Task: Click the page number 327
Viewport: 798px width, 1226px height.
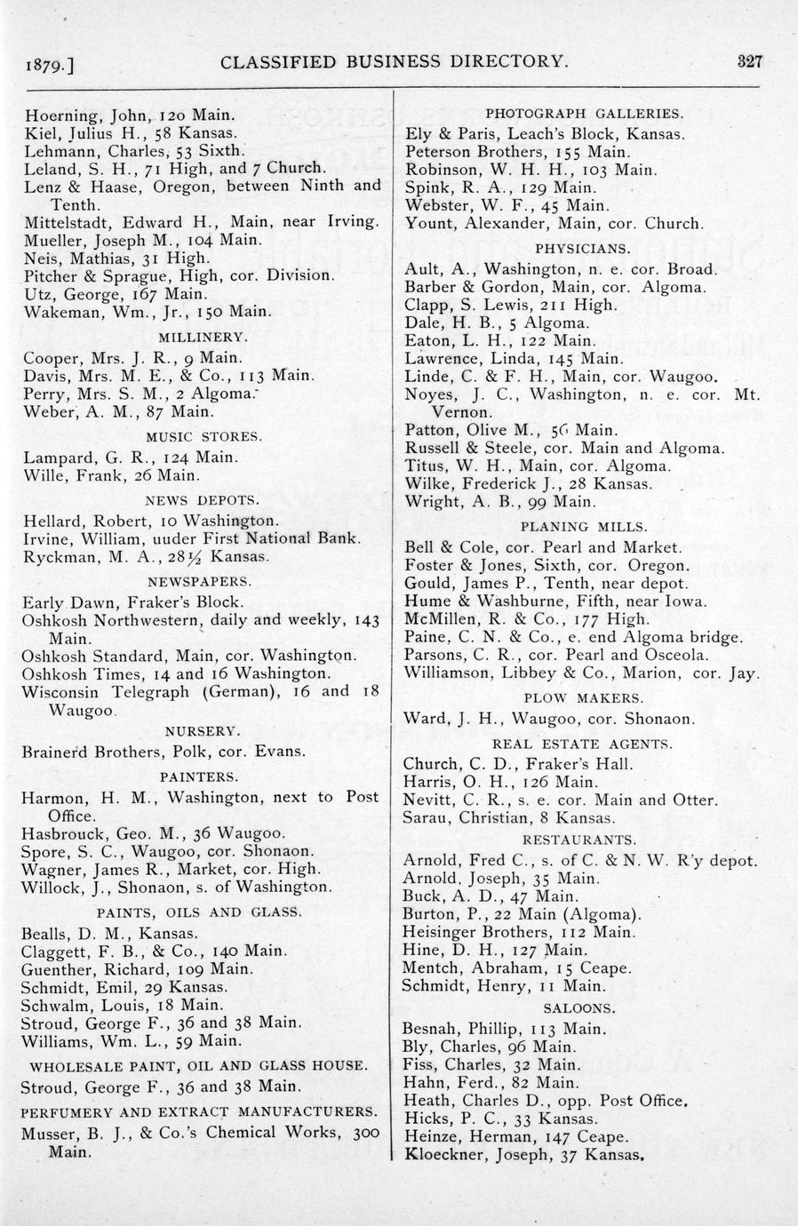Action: (x=750, y=61)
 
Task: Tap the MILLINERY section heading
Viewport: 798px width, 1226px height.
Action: (x=203, y=338)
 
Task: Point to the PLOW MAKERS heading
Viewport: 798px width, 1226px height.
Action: (x=583, y=698)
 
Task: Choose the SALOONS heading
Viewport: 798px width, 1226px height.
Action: (x=579, y=1009)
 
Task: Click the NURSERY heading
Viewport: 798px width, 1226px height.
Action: (x=202, y=731)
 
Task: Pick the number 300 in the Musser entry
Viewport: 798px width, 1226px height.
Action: (x=364, y=1133)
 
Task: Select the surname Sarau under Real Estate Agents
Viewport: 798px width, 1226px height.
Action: (x=424, y=818)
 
